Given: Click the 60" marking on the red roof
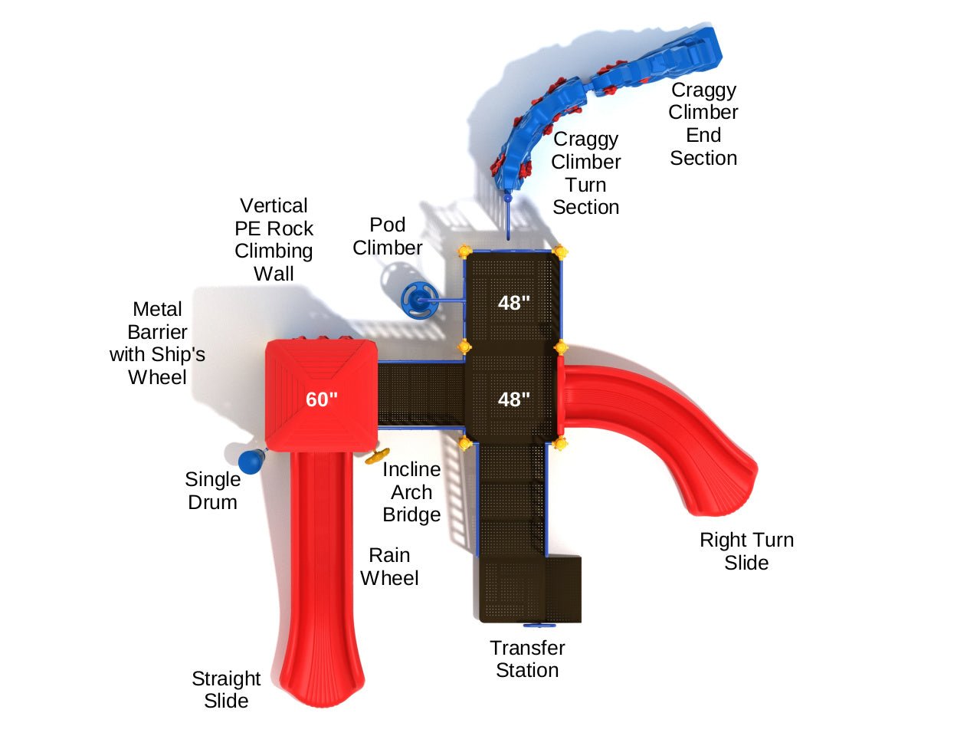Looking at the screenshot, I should point(322,399).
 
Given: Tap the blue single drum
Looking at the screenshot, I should point(250,462).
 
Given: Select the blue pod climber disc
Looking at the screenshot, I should point(418,298).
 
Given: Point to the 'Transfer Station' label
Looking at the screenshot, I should point(527,659).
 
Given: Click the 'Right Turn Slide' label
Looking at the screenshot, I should point(746,551).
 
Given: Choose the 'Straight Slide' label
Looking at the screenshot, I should point(226,690).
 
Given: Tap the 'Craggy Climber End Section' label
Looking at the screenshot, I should point(703,124).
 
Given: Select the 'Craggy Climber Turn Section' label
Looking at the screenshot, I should point(586,173).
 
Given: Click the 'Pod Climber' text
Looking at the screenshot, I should point(388,236).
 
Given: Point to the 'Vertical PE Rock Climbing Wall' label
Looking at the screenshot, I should point(274,239).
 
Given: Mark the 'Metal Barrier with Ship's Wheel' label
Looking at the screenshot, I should point(158,343).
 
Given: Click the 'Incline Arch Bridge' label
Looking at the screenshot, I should point(411,492).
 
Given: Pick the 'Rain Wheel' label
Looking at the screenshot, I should point(389,567).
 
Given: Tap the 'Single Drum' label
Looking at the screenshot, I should point(212,491).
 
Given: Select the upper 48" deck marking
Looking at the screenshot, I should point(513,303).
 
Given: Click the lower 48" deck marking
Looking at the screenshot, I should point(513,399).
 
